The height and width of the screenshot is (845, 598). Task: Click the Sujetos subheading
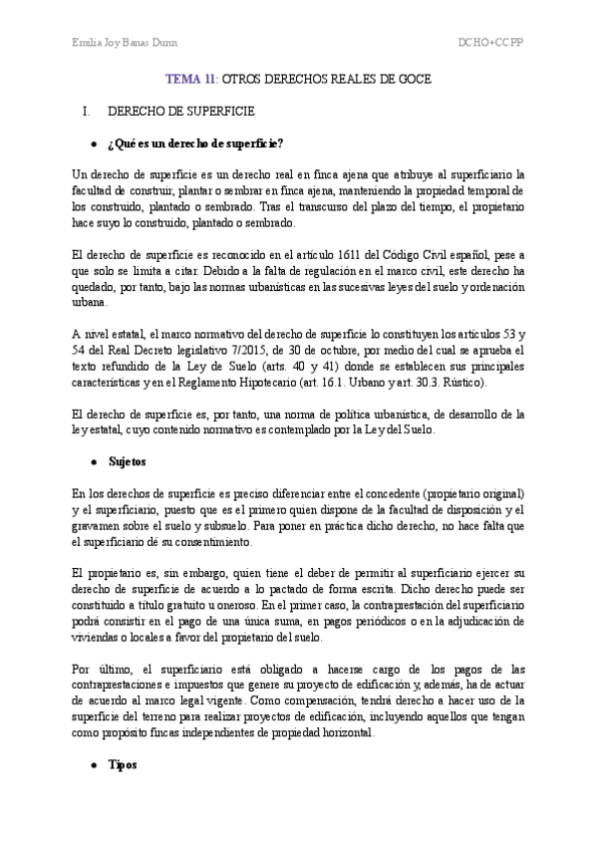(x=126, y=463)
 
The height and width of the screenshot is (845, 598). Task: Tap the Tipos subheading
(x=122, y=763)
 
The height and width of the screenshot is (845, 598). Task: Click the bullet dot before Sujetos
(x=94, y=463)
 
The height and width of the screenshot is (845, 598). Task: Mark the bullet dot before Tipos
(x=94, y=763)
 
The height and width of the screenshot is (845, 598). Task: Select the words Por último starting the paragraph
(x=101, y=669)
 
